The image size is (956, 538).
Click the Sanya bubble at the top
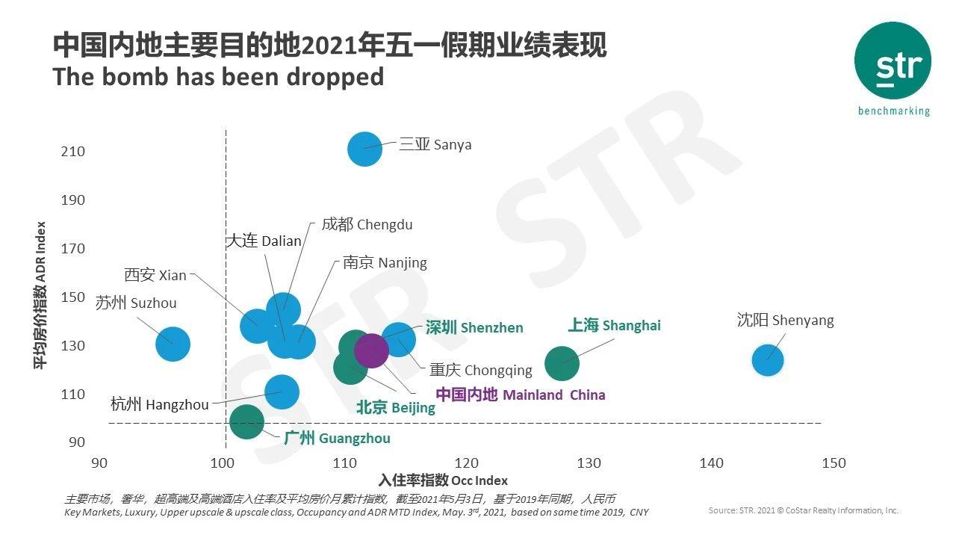click(364, 149)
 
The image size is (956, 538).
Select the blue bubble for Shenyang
click(767, 359)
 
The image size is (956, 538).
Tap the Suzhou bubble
click(173, 344)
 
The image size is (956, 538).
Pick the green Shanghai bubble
click(562, 363)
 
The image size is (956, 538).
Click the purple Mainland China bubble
click(371, 350)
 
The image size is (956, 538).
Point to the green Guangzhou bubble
click(246, 421)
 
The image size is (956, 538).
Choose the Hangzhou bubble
click(282, 392)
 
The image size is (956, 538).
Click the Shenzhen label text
click(474, 327)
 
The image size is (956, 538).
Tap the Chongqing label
click(480, 370)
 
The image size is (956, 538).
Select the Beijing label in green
click(395, 407)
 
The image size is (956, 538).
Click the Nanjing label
click(385, 262)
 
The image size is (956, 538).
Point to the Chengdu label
click(367, 224)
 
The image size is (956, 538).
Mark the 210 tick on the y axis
click(73, 152)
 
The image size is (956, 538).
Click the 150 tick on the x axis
click(834, 463)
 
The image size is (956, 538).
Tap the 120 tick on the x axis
click(467, 463)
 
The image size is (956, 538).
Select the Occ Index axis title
click(443, 480)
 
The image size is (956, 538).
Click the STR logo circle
click(893, 61)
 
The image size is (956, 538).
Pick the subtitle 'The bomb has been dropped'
click(218, 76)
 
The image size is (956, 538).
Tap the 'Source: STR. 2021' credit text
click(803, 510)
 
